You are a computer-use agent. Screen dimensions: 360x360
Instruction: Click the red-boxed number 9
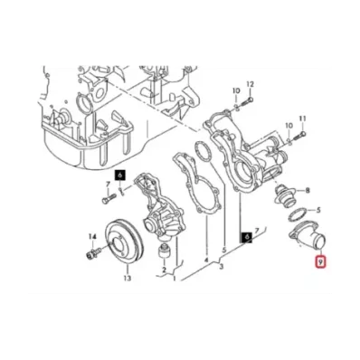321,262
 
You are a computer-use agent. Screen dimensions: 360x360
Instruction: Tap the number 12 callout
251,84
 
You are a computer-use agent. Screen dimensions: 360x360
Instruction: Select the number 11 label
303,118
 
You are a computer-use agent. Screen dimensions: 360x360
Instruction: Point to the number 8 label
308,190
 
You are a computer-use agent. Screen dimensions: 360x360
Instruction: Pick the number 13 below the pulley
128,278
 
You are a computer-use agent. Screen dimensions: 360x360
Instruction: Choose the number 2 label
165,270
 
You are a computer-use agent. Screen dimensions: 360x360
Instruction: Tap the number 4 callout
206,260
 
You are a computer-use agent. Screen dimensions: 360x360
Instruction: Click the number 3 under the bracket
222,267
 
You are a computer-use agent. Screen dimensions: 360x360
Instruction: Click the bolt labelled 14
92,254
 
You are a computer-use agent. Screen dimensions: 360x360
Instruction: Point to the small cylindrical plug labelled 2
164,251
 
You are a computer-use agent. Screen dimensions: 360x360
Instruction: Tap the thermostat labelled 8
285,195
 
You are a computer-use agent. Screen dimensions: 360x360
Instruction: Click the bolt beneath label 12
247,101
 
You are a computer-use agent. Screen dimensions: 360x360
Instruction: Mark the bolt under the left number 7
109,199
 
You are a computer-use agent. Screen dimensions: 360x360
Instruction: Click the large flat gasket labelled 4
196,184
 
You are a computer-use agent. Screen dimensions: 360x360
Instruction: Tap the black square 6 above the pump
120,175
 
